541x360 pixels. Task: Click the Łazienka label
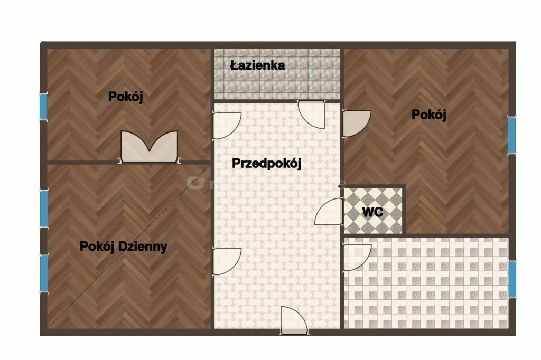pos(257,65)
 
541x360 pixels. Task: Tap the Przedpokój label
pos(266,164)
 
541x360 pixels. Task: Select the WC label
pos(372,212)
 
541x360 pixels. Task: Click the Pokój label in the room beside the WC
pos(429,115)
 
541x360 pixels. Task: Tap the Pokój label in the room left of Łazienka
pos(126,97)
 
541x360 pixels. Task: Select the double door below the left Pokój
pos(149,147)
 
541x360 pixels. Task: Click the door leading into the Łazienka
pos(312,114)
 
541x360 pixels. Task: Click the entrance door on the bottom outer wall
pos(294,320)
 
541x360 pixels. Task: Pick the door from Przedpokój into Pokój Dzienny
pos(227,261)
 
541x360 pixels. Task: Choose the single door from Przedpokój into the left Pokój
pos(227,126)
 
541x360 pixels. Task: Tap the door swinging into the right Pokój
pos(357,124)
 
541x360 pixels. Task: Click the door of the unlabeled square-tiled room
pos(357,257)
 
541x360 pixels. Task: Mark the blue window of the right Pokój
pos(511,135)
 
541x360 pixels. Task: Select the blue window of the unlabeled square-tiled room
pos(512,279)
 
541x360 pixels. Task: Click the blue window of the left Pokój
pos(43,107)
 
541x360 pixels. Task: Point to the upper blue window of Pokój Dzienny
pos(44,209)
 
